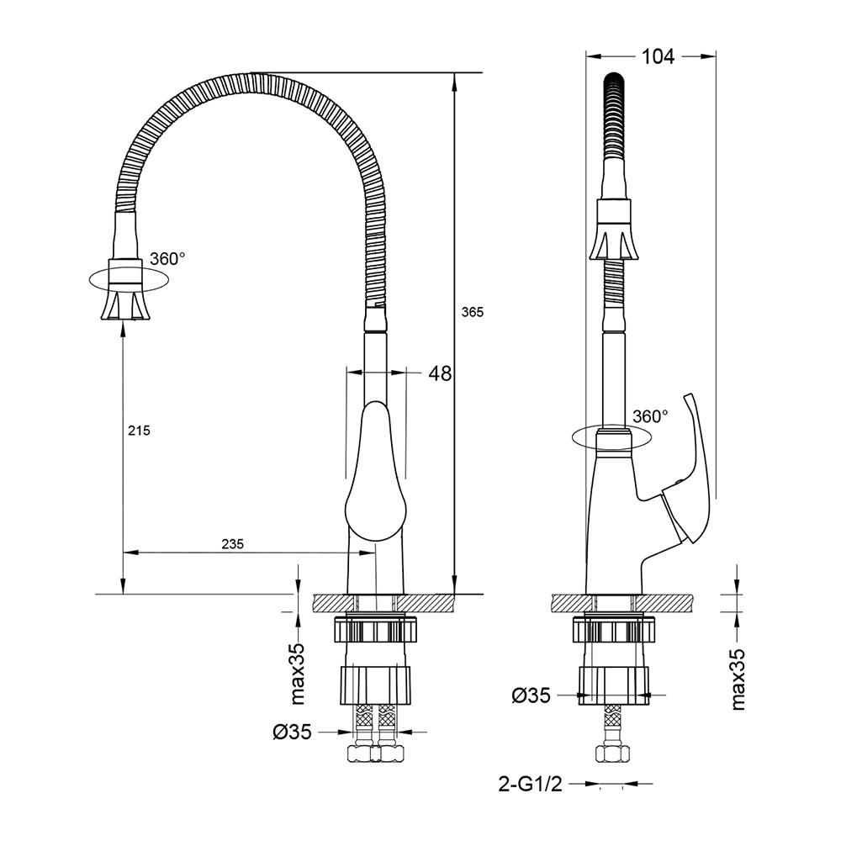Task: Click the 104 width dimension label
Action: [x=659, y=56]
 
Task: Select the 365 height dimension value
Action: [x=472, y=312]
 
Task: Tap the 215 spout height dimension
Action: [x=139, y=430]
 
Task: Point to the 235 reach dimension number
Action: [x=233, y=544]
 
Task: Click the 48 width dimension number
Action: [x=440, y=373]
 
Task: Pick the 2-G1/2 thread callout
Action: [x=530, y=784]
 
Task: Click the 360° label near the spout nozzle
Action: [x=167, y=258]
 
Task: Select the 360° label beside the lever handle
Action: [x=651, y=416]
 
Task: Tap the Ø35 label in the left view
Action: [x=292, y=731]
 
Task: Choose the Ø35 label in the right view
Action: [x=531, y=696]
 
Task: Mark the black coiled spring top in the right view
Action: [x=616, y=114]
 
